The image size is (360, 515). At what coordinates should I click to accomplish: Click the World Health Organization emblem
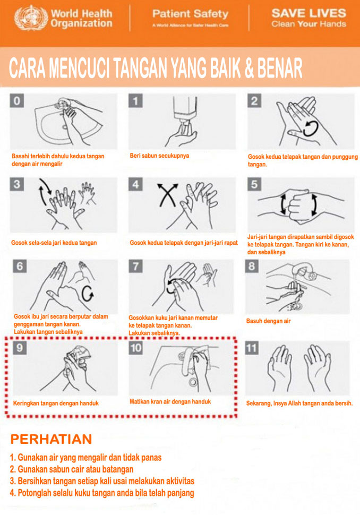tap(31, 19)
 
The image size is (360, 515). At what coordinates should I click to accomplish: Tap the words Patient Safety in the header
tap(190, 14)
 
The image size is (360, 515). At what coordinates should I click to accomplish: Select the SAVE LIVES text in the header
tap(308, 13)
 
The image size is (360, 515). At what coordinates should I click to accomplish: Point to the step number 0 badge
tap(17, 100)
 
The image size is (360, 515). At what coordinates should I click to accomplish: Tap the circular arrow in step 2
tap(311, 128)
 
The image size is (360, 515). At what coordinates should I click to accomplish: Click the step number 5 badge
tap(254, 184)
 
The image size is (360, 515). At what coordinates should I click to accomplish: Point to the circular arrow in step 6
tap(88, 293)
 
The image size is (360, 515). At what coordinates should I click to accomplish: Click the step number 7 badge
tap(135, 266)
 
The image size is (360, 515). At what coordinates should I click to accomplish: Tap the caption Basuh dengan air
tap(268, 321)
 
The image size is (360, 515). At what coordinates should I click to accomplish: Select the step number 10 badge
tap(135, 348)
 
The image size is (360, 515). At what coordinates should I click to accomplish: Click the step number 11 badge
tap(252, 348)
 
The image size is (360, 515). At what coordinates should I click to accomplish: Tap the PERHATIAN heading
tap(51, 439)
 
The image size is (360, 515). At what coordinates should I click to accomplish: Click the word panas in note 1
tap(151, 458)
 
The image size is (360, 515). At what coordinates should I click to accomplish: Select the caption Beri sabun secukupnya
tap(159, 156)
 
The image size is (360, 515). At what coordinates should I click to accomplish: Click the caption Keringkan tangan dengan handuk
tap(56, 404)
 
